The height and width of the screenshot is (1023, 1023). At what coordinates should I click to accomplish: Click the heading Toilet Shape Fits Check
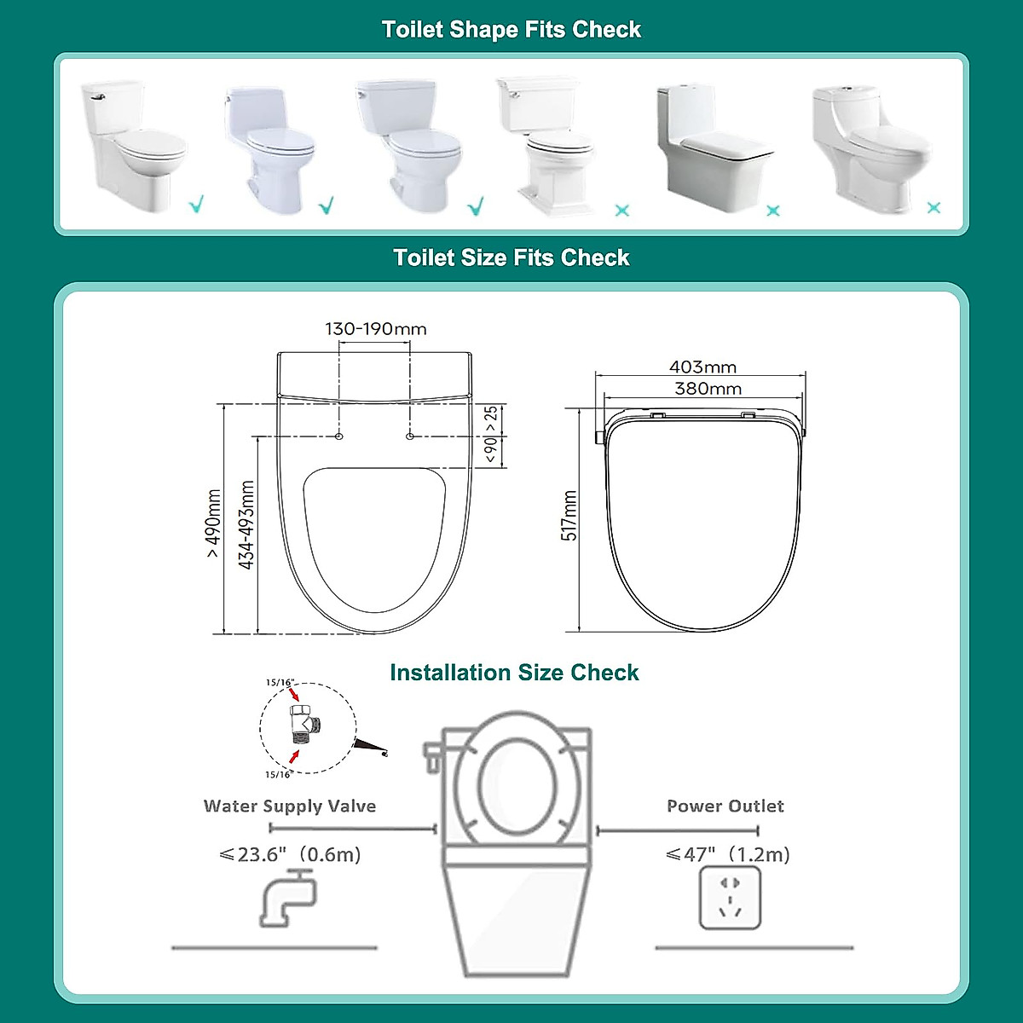[x=511, y=30]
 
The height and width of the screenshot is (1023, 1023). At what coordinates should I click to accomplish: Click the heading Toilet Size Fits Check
[x=511, y=257]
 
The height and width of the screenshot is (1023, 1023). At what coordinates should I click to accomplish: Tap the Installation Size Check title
[x=514, y=673]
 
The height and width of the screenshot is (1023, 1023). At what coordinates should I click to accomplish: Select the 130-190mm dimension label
[x=375, y=329]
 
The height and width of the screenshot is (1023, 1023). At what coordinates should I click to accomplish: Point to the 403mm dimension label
[x=702, y=367]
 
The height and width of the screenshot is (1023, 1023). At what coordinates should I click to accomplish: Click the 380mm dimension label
[x=708, y=389]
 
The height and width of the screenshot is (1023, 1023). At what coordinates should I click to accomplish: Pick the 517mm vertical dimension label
[x=569, y=516]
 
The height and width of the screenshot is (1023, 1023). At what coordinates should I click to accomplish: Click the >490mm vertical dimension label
[x=213, y=523]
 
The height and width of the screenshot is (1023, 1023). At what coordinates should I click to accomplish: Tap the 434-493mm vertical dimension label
[x=246, y=525]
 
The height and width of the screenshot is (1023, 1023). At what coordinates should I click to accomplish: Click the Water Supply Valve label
[x=290, y=806]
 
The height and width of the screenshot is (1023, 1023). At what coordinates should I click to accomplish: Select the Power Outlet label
[x=725, y=806]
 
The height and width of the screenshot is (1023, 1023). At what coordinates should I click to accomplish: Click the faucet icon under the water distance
[x=287, y=897]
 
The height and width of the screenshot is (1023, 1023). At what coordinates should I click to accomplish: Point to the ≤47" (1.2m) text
[x=728, y=854]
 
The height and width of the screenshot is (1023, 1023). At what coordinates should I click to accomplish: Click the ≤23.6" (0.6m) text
[x=291, y=854]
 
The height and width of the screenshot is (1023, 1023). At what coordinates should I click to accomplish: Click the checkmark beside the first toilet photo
[x=197, y=205]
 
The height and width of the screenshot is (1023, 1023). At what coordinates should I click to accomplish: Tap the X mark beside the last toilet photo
[x=933, y=207]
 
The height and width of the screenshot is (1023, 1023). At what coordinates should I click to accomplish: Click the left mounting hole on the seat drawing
[x=339, y=436]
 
